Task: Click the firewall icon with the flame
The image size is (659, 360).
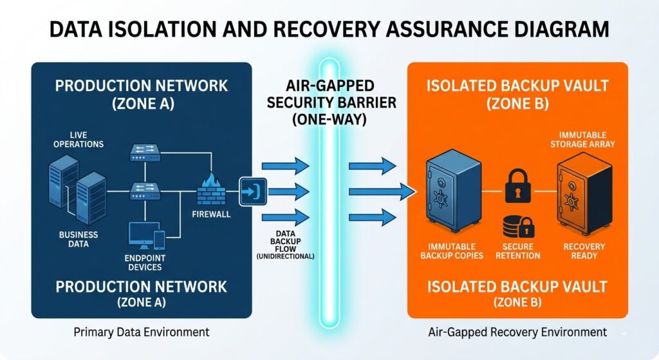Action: pos(210,189)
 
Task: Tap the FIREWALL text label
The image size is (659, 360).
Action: pos(211,213)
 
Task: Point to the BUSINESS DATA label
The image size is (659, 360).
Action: pos(79,240)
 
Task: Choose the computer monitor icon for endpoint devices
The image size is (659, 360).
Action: pos(142,235)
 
